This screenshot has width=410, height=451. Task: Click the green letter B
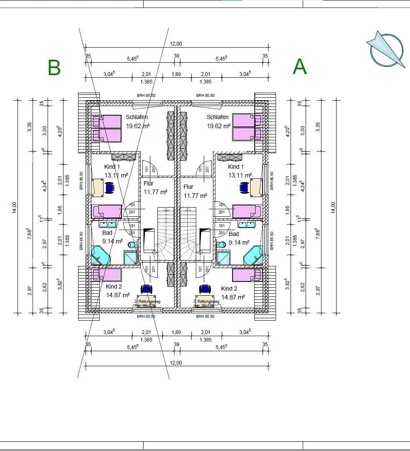click(x=54, y=67)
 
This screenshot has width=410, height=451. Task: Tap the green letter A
click(x=300, y=67)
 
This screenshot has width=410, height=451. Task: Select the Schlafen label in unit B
click(x=137, y=117)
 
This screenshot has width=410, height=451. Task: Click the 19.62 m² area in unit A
click(x=218, y=126)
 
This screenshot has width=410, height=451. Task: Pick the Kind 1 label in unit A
click(x=236, y=167)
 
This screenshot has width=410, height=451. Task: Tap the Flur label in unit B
click(x=148, y=183)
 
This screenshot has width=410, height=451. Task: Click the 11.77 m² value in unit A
click(x=195, y=195)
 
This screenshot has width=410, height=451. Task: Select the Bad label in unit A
click(x=234, y=234)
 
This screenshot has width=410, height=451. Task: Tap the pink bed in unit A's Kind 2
click(x=246, y=275)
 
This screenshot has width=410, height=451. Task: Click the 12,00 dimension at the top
click(x=176, y=44)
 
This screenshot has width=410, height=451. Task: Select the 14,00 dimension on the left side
click(x=14, y=208)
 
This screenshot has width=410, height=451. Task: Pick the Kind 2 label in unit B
click(x=114, y=286)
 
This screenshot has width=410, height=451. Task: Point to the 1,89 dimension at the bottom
click(x=177, y=332)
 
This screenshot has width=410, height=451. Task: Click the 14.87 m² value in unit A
click(x=233, y=297)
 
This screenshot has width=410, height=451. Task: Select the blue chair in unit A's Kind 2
click(x=205, y=289)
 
